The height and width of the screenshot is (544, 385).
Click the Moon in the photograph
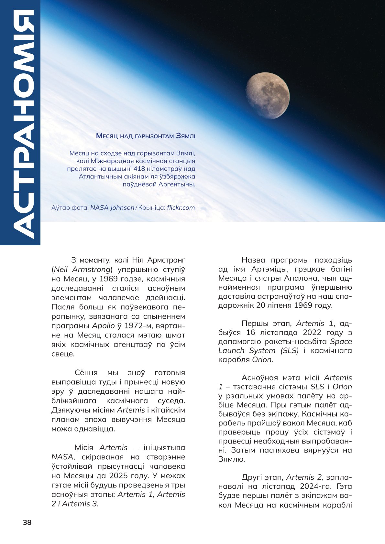pos(268,96)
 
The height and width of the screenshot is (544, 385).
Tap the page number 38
pos(27,522)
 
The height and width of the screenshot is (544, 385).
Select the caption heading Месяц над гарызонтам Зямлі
pos(146,136)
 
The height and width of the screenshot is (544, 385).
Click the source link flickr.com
pos(181,208)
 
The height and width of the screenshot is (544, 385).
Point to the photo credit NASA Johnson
pos(112,208)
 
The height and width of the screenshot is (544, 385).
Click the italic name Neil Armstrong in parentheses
pos(82,269)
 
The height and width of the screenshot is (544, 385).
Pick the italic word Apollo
pos(104,325)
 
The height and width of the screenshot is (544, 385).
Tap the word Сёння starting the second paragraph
pos(86,372)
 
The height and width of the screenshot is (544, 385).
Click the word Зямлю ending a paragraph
pos(227,459)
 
